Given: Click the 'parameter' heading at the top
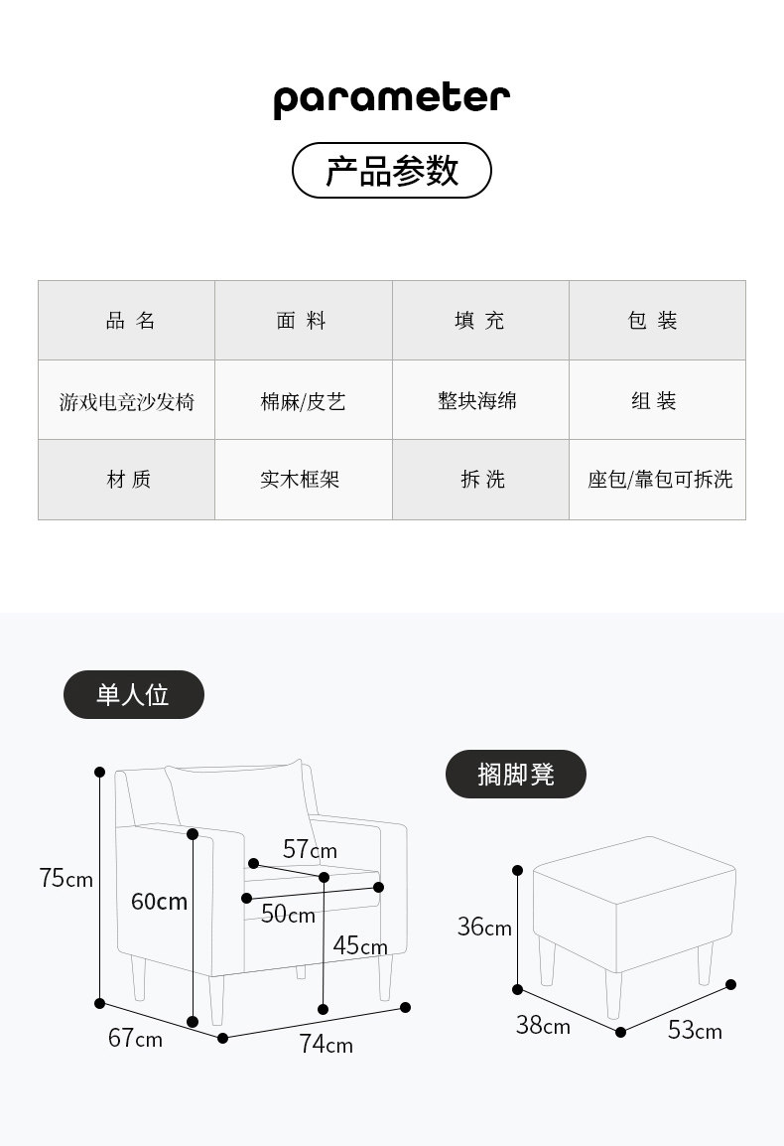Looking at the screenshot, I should (391, 99).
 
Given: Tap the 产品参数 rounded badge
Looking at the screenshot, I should (391, 171).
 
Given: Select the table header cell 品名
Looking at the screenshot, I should (127, 321).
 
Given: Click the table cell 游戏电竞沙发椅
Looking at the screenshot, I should (127, 401).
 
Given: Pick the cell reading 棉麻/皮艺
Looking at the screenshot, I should (304, 401).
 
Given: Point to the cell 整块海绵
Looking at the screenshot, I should (478, 400).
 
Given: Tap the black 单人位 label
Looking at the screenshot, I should (133, 695).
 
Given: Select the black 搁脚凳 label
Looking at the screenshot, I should (515, 775).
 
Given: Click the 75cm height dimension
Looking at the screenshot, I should (65, 878).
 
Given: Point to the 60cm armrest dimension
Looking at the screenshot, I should (159, 902).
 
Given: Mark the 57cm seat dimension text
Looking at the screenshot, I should (310, 850).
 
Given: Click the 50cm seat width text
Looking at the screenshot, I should (288, 915).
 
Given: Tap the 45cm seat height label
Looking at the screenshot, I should (360, 945).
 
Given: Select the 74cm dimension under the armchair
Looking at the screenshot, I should (326, 1045).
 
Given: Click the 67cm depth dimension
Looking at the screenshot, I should (135, 1039).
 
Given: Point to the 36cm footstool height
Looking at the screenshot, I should (484, 928).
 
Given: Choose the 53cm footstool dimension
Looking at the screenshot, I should (695, 1031).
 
